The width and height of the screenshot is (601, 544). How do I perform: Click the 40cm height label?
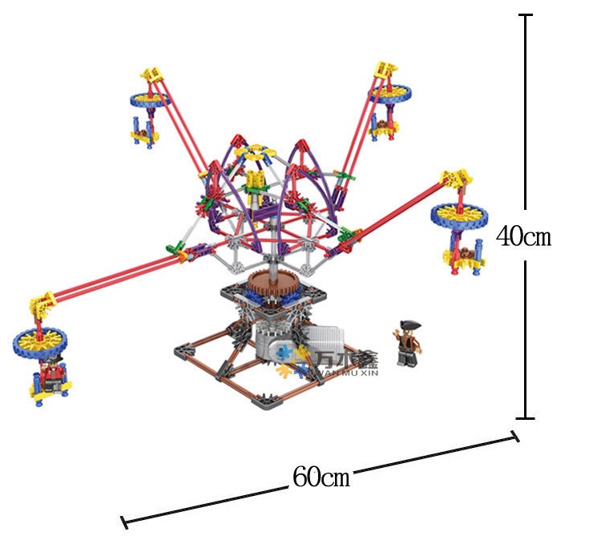tap(523, 236)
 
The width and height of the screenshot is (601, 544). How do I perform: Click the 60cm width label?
tap(321, 477)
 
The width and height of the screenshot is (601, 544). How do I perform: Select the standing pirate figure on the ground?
tap(407, 343)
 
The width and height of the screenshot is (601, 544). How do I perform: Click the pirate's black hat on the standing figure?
tap(410, 325)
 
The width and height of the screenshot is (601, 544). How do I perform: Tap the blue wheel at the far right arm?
tap(459, 215)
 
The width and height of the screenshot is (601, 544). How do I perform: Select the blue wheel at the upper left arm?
tap(149, 99)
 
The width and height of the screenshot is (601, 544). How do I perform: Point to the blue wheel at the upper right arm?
tap(390, 94)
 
